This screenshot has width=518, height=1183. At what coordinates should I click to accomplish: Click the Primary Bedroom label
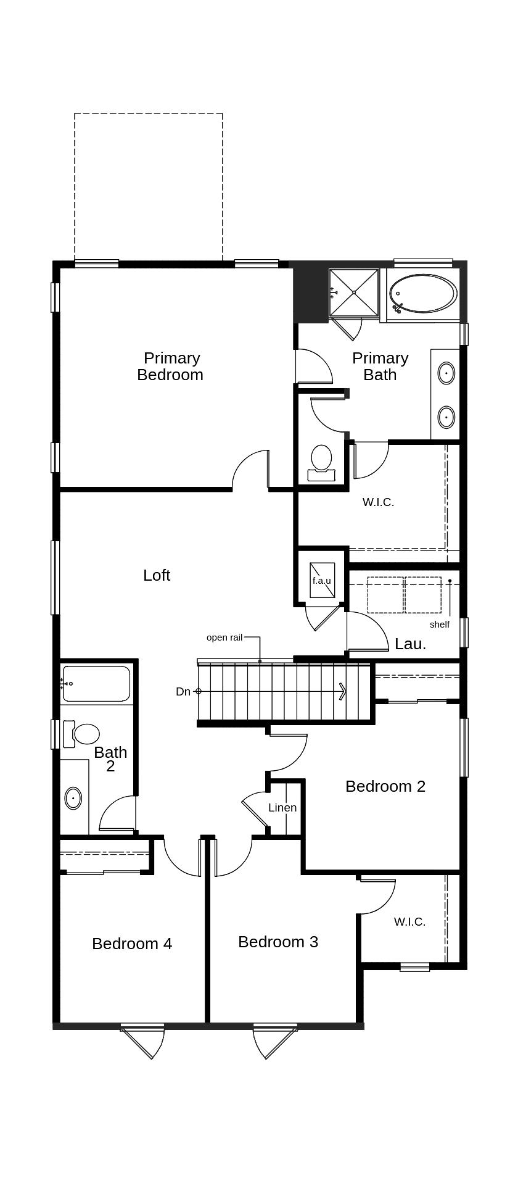171,367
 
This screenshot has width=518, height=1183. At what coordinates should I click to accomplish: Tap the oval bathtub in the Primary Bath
423,294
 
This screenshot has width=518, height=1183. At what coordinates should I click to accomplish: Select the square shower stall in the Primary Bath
354,293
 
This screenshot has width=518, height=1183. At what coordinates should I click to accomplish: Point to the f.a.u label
321,581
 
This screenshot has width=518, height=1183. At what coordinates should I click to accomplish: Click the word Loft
157,575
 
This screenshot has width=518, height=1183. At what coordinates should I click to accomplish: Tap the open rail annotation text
224,637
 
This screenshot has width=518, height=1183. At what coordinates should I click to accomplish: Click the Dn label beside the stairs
183,692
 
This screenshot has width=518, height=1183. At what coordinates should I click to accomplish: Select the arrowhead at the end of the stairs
342,691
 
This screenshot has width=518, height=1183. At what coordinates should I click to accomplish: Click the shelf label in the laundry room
440,625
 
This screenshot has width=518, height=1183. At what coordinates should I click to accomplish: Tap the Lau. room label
410,644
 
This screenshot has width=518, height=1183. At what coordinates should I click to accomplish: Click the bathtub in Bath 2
97,684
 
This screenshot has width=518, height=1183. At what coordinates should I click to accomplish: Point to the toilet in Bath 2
83,734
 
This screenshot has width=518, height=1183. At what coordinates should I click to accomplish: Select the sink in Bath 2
73,798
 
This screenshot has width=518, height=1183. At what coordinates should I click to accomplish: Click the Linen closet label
282,808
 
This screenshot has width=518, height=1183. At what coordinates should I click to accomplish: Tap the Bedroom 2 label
385,786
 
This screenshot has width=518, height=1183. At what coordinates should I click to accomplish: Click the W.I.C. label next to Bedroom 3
409,922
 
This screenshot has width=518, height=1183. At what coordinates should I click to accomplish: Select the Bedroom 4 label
132,944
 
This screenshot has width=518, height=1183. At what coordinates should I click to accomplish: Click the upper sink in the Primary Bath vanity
446,373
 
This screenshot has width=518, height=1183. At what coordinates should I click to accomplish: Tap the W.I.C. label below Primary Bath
378,502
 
